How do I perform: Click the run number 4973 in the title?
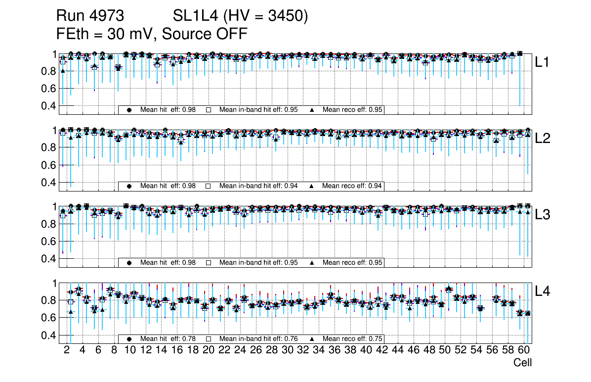pos(105,16)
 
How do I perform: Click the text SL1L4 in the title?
pos(195,16)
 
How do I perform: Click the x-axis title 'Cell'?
pos(522,363)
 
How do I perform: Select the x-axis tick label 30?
pos(287,350)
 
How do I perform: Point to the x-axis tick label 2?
pos(67,350)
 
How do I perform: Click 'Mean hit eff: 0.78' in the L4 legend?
pos(168,339)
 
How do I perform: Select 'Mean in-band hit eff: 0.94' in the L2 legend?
pos(258,186)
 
